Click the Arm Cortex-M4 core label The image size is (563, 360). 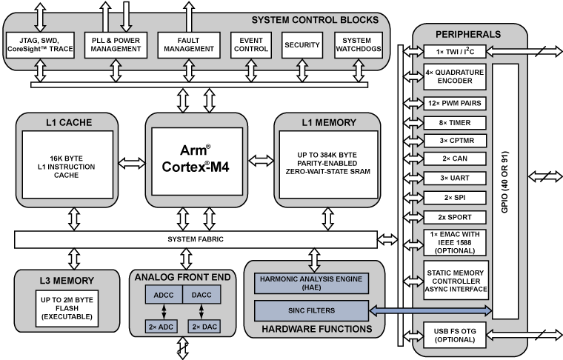pos(194,158)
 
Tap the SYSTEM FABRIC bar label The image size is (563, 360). pos(195,239)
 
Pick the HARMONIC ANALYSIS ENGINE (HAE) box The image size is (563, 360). pos(310,282)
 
